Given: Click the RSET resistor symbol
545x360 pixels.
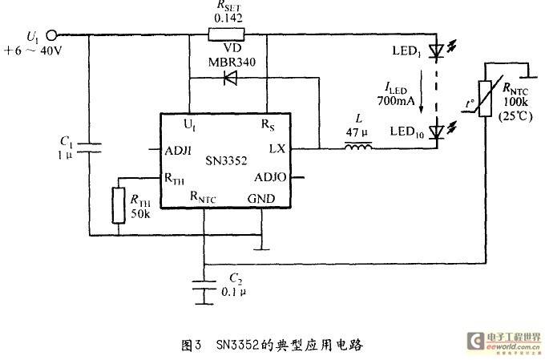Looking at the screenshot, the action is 226,34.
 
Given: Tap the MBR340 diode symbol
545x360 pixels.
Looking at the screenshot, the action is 231,78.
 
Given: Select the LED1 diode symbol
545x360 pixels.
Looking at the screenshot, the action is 436,51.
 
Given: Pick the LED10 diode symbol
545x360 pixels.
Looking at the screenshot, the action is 436,132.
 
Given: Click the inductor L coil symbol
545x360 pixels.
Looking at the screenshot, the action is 358,147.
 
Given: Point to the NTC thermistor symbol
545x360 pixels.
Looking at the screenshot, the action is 485,99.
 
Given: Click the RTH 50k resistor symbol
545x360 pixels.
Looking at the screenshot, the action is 118,205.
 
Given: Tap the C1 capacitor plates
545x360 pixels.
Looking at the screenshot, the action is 89,148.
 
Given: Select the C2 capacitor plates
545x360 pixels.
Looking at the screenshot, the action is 204,285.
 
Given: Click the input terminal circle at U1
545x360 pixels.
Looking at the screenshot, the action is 52,34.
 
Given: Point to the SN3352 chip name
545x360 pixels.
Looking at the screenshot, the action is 226,160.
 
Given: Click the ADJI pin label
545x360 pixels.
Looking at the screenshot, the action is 178,151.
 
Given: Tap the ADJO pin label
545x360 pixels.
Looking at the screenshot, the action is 270,177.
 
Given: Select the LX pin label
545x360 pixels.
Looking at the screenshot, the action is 277,149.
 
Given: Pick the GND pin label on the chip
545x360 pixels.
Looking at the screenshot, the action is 261,199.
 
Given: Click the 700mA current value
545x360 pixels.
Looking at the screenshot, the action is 396,101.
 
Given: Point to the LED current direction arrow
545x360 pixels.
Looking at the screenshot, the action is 421,91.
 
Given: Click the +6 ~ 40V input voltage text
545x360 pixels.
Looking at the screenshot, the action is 33,51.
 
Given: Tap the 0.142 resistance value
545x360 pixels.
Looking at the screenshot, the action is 228,18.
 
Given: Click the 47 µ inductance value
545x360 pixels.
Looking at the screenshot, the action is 357,132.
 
